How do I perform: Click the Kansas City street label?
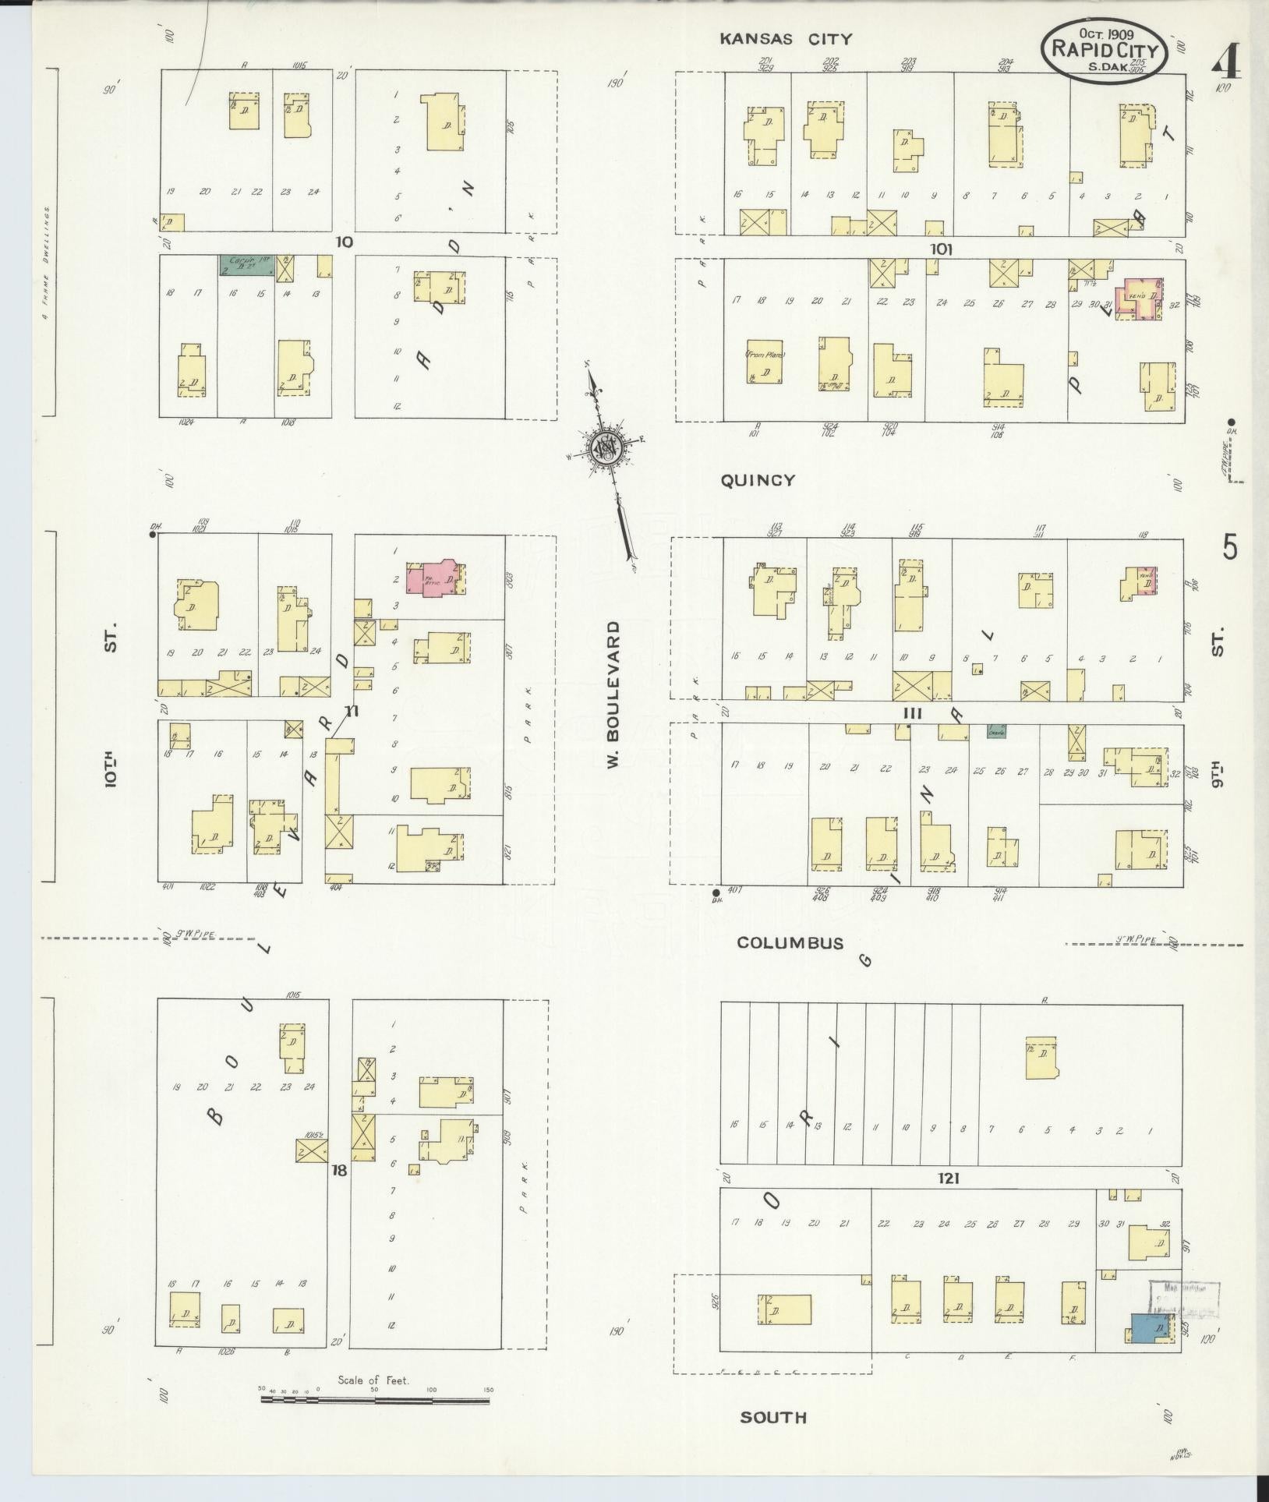click(x=786, y=39)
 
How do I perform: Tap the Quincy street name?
click(x=757, y=480)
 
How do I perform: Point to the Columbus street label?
click(x=790, y=942)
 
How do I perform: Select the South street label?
click(x=773, y=1417)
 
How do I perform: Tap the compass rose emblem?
click(x=603, y=447)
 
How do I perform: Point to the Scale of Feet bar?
click(x=375, y=1400)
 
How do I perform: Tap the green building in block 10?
click(x=246, y=266)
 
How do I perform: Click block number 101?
click(x=941, y=249)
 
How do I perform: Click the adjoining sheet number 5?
click(x=1229, y=548)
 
